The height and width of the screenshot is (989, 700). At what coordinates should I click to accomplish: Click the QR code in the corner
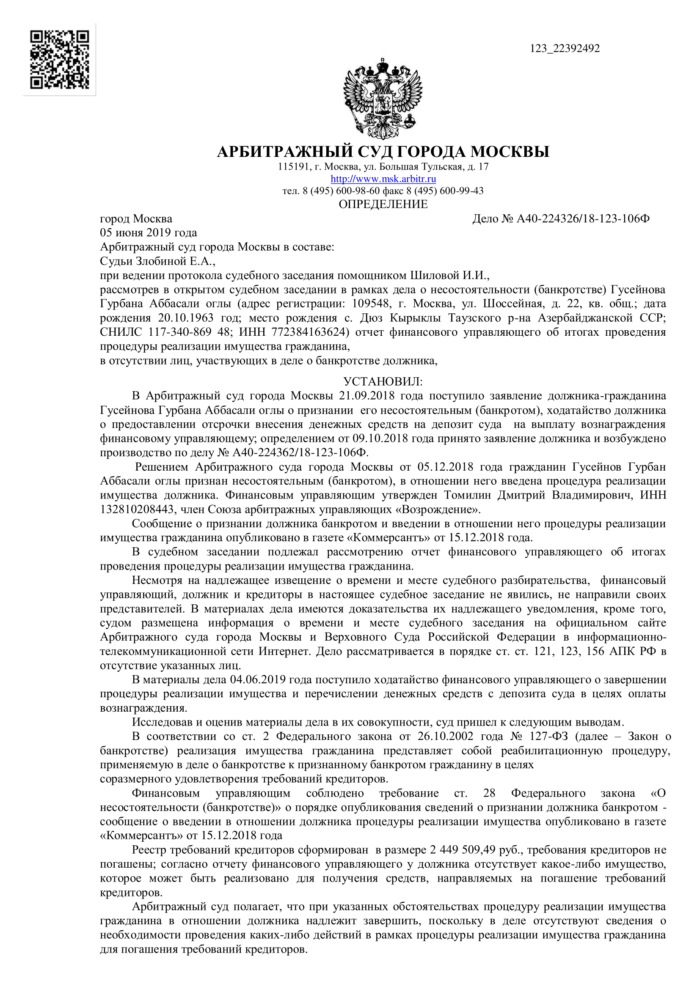tap(60, 60)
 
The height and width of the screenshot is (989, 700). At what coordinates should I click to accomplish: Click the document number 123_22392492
tap(564, 49)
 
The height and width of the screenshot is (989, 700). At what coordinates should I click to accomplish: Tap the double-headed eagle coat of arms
tap(383, 99)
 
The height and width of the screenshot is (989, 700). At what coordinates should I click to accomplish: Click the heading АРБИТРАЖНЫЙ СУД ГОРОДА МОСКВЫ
tap(383, 152)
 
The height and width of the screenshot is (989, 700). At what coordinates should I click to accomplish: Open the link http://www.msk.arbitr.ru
tap(383, 179)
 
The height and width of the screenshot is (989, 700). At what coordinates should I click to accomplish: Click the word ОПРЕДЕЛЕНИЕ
tap(383, 204)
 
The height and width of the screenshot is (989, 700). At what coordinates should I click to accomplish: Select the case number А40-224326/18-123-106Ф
tap(583, 219)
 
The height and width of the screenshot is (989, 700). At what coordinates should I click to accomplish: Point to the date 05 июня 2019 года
tap(148, 233)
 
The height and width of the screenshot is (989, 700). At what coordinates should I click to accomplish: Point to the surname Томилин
tap(467, 496)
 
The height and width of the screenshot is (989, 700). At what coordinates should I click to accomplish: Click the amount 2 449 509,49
tap(463, 850)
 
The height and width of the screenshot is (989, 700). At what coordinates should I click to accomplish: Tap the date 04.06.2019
tap(258, 680)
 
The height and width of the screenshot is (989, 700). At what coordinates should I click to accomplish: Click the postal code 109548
tap(371, 304)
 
